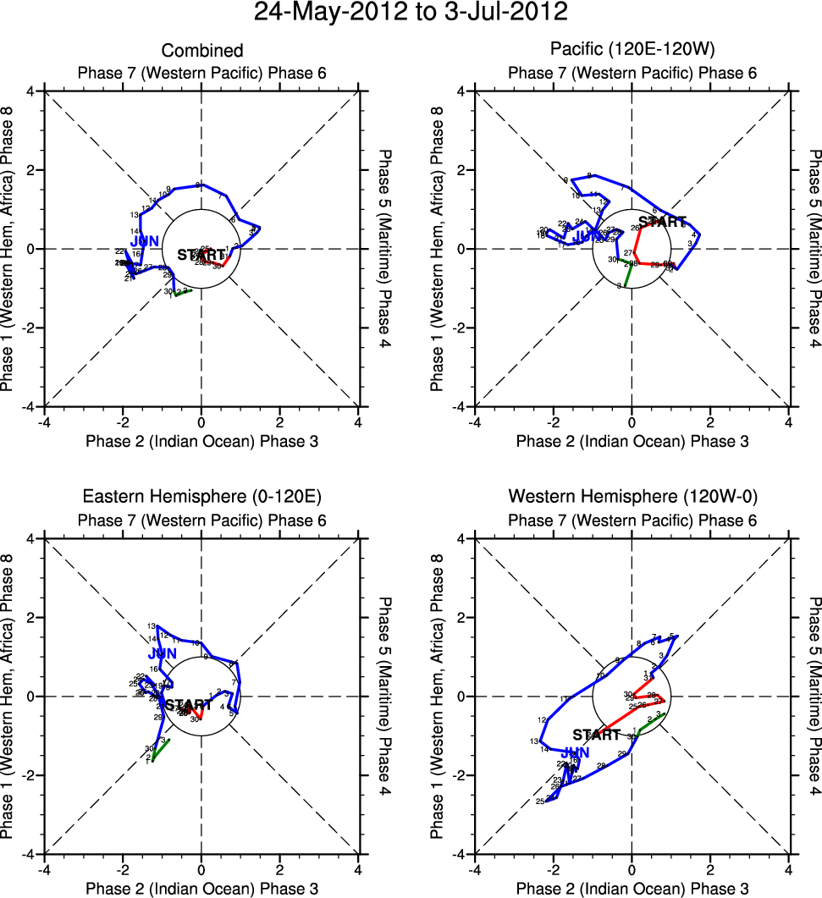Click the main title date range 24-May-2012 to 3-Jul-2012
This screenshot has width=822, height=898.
(411, 14)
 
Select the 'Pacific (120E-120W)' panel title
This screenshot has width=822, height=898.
(632, 51)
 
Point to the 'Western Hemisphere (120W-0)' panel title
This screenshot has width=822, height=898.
(632, 496)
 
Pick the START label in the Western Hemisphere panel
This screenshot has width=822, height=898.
(597, 735)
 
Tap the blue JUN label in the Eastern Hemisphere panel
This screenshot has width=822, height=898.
(162, 653)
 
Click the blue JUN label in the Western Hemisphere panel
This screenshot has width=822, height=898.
(576, 752)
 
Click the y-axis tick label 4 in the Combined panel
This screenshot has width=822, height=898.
(33, 91)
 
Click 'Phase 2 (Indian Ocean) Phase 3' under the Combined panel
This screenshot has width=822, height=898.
(201, 441)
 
